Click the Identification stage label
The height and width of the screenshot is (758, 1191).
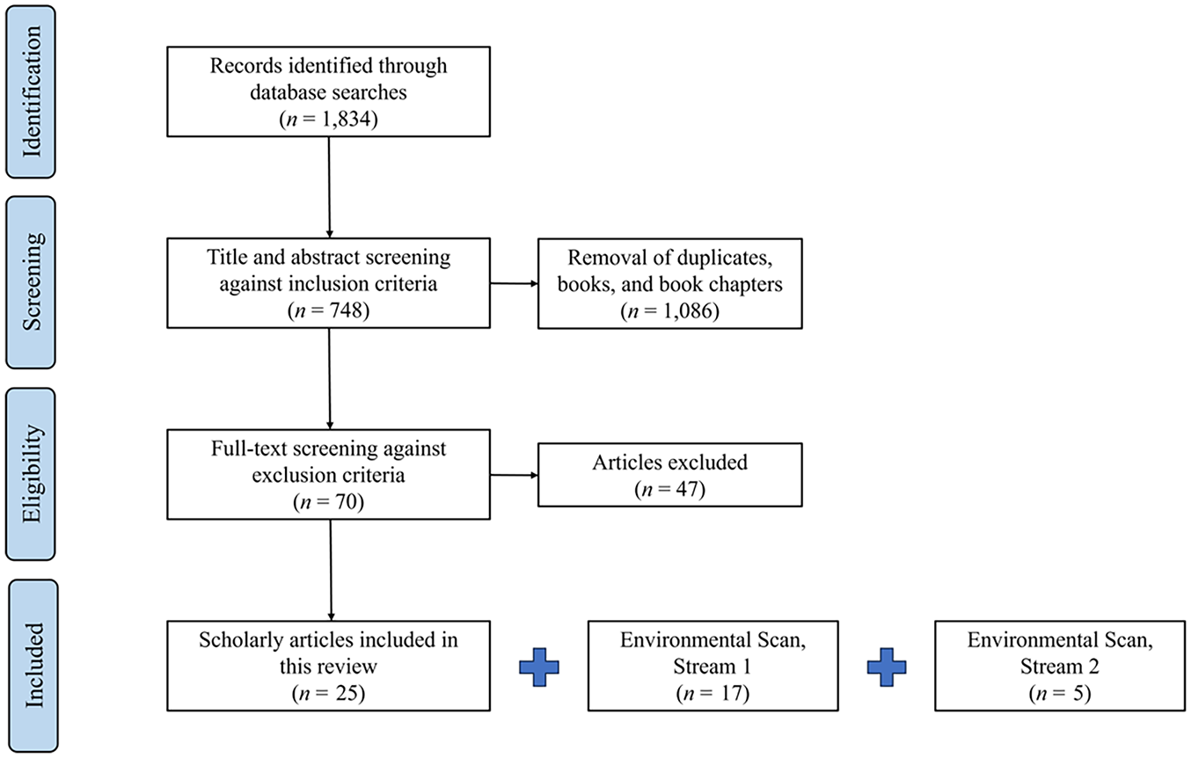pos(32,91)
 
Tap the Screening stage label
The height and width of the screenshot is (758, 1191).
pos(32,282)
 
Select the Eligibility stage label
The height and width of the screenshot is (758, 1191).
pos(32,474)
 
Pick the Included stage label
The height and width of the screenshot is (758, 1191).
pos(34,666)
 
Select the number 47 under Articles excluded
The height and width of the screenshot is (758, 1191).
pos(686,489)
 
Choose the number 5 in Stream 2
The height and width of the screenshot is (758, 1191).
pos(1078,693)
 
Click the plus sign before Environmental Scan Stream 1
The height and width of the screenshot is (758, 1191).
pos(539,667)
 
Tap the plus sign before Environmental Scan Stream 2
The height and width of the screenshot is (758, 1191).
pos(887,667)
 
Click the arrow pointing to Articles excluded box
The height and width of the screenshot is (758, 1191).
pos(514,475)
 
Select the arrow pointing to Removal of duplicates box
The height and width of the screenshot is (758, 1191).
pos(514,283)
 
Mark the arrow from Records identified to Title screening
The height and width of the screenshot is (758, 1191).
pos(329,187)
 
